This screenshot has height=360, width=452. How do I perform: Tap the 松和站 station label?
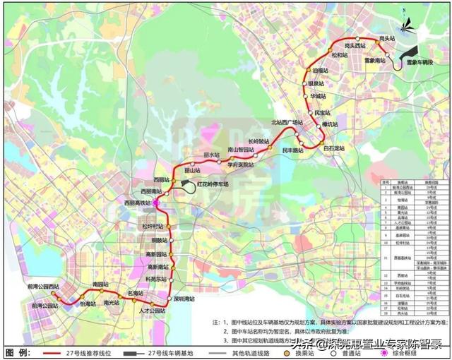pyautogui.click(x=341, y=55)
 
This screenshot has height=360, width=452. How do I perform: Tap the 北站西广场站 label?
pyautogui.click(x=287, y=122)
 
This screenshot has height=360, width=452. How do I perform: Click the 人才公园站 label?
pyautogui.click(x=151, y=311)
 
